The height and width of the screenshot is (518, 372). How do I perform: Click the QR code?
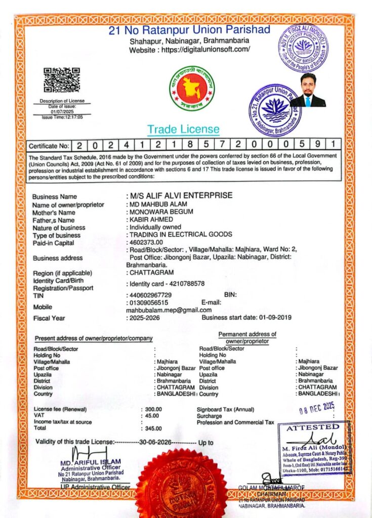(x=61, y=80)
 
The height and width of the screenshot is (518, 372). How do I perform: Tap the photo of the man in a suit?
(x=308, y=91)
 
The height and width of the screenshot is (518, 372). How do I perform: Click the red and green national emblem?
(x=192, y=89)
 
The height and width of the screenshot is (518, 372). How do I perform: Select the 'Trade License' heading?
(x=183, y=129)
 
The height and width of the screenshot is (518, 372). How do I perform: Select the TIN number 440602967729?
(x=150, y=295)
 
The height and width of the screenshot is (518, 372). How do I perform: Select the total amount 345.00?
(x=151, y=428)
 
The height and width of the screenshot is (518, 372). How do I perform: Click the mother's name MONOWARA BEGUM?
(x=161, y=212)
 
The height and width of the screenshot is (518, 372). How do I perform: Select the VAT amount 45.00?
(x=151, y=415)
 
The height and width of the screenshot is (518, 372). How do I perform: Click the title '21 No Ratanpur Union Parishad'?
(x=189, y=30)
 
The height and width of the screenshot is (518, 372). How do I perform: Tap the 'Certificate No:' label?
(x=49, y=146)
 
